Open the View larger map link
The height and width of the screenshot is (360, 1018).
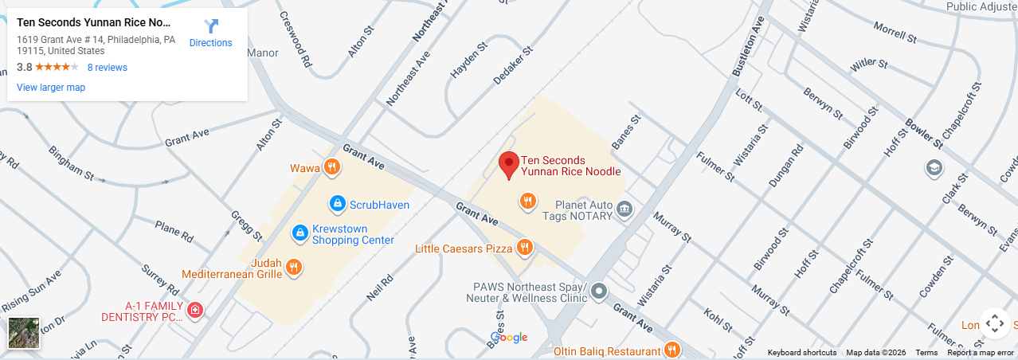pyautogui.click(x=51, y=88)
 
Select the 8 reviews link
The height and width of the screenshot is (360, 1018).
pyautogui.click(x=107, y=68)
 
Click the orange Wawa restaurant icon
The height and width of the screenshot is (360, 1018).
pyautogui.click(x=332, y=167)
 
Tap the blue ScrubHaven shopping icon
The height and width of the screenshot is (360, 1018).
pyautogui.click(x=337, y=205)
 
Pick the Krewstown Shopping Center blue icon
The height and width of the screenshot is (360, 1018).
pyautogui.click(x=300, y=233)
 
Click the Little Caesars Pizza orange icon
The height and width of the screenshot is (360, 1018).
pyautogui.click(x=524, y=248)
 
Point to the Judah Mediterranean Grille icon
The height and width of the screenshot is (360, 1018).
pyautogui.click(x=294, y=267)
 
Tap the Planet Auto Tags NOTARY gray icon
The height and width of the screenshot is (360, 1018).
pyautogui.click(x=625, y=209)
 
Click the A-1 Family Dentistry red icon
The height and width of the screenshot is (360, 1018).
pyautogui.click(x=194, y=310)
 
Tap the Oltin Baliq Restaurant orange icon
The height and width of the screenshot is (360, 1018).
pyautogui.click(x=672, y=350)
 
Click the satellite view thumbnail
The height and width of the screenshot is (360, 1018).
pyautogui.click(x=24, y=333)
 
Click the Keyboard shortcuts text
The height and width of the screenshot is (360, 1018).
pyautogui.click(x=802, y=353)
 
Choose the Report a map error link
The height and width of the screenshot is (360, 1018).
pyautogui.click(x=981, y=353)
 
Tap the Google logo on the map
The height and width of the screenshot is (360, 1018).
pyautogui.click(x=509, y=338)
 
